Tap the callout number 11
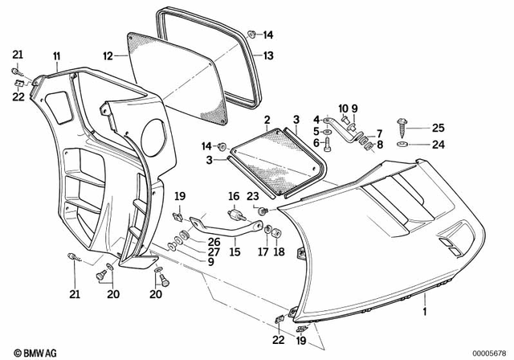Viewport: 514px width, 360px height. pos(57,55)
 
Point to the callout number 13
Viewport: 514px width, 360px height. pos(268,55)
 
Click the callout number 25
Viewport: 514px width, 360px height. pos(438,127)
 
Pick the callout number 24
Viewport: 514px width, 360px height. pos(438,145)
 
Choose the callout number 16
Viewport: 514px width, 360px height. pos(235,195)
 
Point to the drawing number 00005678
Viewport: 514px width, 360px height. pos(487,352)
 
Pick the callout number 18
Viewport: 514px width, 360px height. pos(279,252)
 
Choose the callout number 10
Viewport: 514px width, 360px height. pos(342,108)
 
